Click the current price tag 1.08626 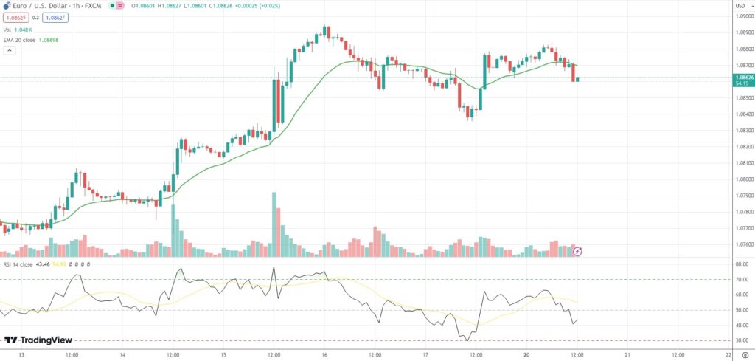pos(742,77)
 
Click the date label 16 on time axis pos(324,354)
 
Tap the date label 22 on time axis pos(728,354)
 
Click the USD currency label pos(740,6)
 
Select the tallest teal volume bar pos(274,224)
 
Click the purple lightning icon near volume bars pos(578,251)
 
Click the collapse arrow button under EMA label pos(10,51)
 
